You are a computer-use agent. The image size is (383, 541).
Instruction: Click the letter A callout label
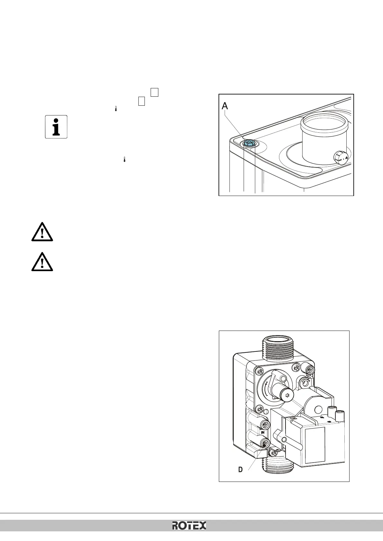225,106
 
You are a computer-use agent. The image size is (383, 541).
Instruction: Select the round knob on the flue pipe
340,158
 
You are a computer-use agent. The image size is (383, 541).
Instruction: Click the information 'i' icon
56,127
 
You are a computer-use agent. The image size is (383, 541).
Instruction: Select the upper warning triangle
42,231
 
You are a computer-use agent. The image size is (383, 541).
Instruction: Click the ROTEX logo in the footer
189,525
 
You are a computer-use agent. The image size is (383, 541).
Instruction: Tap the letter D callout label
240,470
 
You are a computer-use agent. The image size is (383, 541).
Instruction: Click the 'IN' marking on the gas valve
263,432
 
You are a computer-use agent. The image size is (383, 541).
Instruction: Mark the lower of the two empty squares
142,101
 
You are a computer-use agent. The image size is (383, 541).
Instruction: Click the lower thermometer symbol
124,159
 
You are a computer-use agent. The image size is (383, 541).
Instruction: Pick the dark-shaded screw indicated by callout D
265,444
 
